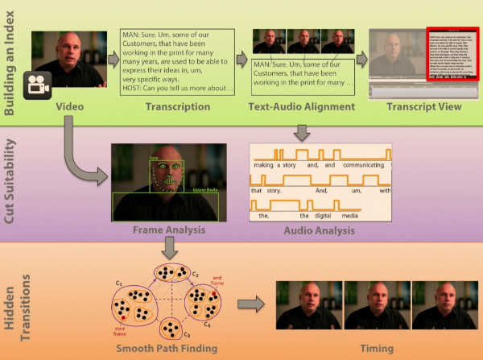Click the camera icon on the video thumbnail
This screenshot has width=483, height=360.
[x=35, y=84]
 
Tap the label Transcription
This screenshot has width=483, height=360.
[x=177, y=107]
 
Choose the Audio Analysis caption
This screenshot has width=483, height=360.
[x=320, y=231]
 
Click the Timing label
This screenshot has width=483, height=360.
[x=377, y=350]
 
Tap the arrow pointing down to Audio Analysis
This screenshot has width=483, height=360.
[x=302, y=130]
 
